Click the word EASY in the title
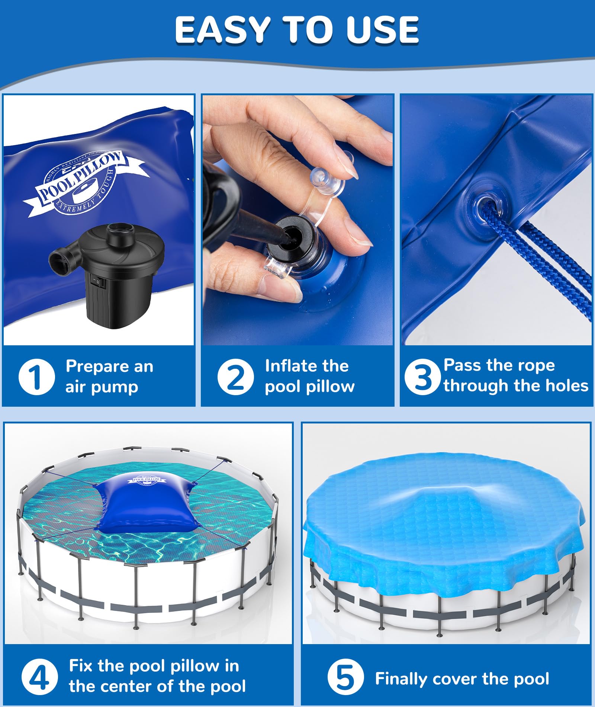point(222,30)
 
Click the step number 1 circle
point(36,377)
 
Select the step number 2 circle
point(236,377)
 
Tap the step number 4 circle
point(39,677)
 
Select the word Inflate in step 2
point(289,366)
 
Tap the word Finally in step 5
point(401,679)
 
